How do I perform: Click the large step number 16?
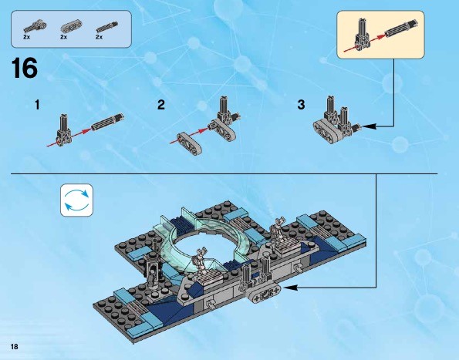point(25,68)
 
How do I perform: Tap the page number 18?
point(14,347)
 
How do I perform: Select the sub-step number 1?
point(37,105)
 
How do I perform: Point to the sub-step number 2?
point(161,105)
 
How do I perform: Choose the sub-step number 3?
point(301,105)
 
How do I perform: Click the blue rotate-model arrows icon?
point(76,200)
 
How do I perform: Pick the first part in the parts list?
point(35,26)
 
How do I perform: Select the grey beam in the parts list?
point(71,26)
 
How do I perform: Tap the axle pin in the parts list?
point(107,26)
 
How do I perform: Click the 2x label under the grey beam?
point(63,37)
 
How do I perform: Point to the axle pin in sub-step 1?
point(107,123)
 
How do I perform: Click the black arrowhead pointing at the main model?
point(290,288)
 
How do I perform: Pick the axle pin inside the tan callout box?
point(401,29)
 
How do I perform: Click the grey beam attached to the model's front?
point(264,293)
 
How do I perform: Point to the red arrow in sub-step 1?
point(69,136)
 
